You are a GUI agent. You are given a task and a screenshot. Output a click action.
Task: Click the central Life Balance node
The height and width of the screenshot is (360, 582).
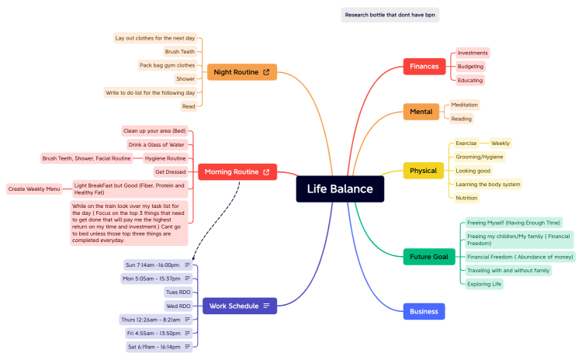340,189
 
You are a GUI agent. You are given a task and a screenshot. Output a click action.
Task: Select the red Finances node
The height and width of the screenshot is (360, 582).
424,66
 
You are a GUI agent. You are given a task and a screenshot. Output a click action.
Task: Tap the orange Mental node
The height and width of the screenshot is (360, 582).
421,112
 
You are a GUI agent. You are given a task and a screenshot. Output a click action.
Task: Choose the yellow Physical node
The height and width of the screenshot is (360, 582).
423,171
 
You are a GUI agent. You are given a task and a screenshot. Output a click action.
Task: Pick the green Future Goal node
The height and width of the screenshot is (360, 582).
428,257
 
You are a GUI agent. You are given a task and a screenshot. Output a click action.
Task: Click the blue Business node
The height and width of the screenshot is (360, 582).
424,311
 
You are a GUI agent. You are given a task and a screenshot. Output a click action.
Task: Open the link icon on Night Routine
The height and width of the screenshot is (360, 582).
266,72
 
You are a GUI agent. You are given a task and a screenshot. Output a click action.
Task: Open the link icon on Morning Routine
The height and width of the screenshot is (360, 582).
266,171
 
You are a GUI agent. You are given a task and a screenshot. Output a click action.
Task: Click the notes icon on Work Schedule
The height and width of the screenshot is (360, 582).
266,306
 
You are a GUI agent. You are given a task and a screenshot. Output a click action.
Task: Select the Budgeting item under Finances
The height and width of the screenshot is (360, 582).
470,66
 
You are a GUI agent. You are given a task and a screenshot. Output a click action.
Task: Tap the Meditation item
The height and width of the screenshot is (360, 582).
465,105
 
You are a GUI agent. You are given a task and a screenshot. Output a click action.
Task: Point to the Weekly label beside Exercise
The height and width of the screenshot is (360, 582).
501,143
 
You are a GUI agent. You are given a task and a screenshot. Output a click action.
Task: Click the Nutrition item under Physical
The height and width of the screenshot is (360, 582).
466,198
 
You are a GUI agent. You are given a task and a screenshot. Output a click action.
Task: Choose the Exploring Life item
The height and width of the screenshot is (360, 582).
485,284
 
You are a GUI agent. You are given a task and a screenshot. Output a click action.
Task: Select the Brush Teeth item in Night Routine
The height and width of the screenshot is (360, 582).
179,51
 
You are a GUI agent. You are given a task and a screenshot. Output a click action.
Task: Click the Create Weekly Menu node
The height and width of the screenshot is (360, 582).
34,189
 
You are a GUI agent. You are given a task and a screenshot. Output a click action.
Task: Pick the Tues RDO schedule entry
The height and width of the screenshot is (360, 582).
178,292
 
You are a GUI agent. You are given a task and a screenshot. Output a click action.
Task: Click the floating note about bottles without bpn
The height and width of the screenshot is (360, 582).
390,15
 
